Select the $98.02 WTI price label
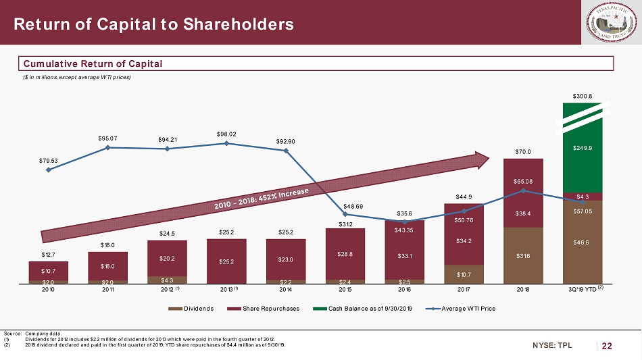click(226, 134)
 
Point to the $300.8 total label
click(583, 96)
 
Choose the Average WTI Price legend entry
click(466, 308)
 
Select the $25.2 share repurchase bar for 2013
click(226, 261)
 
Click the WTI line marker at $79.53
click(49, 170)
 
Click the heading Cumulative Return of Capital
click(93, 64)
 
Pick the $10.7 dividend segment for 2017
click(464, 274)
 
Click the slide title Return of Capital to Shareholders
click(154, 25)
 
